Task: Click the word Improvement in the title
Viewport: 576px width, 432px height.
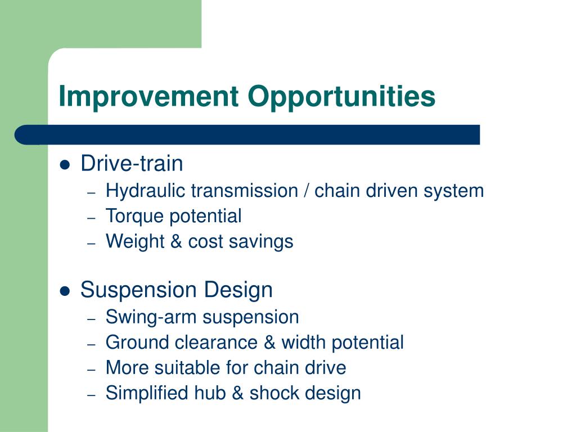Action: click(x=148, y=96)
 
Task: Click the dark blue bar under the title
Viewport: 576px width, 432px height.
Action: click(x=247, y=134)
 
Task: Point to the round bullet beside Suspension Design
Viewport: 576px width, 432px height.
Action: click(x=65, y=291)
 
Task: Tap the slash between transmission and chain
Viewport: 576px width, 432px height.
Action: click(x=307, y=191)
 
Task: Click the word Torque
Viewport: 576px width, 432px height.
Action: click(x=134, y=217)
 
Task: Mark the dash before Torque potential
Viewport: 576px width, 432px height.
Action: click(x=92, y=218)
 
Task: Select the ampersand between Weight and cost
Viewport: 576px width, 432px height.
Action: click(x=176, y=241)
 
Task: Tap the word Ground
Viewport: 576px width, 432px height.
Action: click(x=137, y=343)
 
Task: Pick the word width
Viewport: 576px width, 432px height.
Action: click(x=304, y=343)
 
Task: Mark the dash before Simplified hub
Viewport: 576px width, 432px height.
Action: click(x=92, y=395)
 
